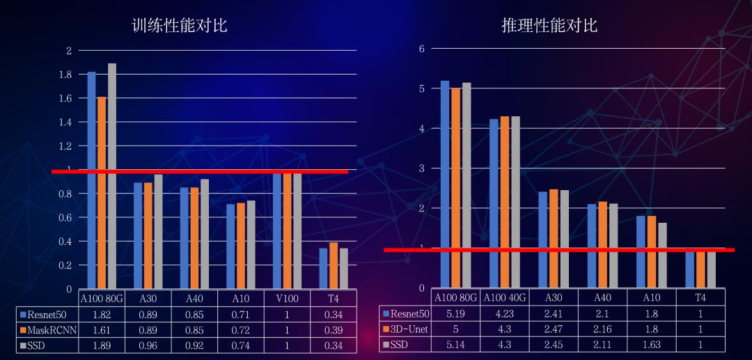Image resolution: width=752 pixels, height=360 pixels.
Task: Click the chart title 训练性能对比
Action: tap(180, 25)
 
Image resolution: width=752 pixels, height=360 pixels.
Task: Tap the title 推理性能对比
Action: tap(549, 25)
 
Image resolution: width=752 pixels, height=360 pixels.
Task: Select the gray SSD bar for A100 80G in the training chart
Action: tap(111, 176)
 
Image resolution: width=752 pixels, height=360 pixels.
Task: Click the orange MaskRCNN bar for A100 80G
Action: tap(102, 193)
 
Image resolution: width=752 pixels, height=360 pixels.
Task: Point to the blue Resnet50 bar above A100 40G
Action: tap(494, 203)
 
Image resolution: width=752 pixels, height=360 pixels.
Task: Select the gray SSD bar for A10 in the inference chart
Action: tap(662, 255)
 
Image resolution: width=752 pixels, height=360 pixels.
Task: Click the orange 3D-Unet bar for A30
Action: tap(554, 238)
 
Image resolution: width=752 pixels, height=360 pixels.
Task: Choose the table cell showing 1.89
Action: tap(101, 345)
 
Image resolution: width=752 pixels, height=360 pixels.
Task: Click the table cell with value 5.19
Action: tap(455, 314)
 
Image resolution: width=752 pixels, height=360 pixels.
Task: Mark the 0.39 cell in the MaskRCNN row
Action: tap(334, 330)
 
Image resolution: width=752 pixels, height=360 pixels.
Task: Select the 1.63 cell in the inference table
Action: tap(651, 345)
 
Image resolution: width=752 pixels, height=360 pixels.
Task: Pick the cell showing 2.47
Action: tap(554, 329)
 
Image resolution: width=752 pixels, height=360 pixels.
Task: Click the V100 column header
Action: tap(287, 299)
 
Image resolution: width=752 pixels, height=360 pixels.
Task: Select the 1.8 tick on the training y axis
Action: tap(65, 75)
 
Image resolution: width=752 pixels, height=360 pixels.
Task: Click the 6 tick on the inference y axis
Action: tap(421, 49)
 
